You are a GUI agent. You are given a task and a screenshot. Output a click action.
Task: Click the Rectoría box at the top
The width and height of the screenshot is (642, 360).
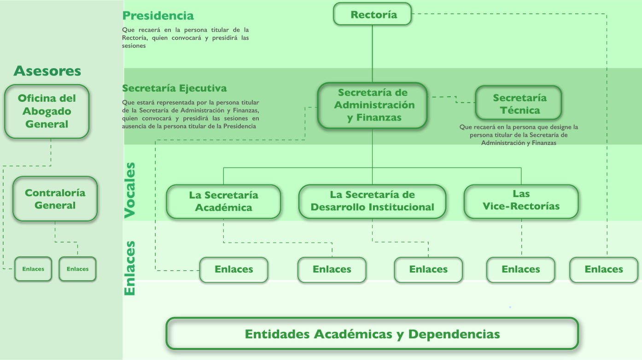pyautogui.click(x=372, y=14)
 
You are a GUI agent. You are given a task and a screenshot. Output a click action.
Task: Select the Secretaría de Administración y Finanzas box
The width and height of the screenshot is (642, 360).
pyautogui.click(x=372, y=105)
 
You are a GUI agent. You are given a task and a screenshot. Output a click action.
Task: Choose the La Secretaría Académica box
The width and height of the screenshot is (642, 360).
pyautogui.click(x=223, y=202)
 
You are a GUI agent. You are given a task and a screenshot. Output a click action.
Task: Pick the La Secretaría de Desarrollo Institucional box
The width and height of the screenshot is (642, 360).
pyautogui.click(x=372, y=202)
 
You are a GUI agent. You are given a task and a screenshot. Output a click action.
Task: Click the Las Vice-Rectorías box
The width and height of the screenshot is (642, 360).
pyautogui.click(x=521, y=201)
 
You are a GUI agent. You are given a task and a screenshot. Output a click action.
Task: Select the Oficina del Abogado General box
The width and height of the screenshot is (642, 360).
pyautogui.click(x=47, y=111)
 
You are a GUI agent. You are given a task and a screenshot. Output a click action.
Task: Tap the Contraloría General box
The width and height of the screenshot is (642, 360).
pyautogui.click(x=55, y=199)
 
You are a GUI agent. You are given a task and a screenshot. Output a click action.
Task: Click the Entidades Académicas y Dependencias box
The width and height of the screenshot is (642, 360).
pyautogui.click(x=372, y=334)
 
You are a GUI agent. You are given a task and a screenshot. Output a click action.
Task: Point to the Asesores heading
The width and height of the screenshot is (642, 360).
pyautogui.click(x=47, y=71)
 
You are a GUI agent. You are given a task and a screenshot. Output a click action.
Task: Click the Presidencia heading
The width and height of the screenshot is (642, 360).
pyautogui.click(x=158, y=16)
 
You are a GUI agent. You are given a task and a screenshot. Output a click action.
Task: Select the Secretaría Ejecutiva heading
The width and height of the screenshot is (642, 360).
pyautogui.click(x=174, y=88)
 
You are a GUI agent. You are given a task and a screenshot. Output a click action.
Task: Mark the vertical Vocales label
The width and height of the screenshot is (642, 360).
pyautogui.click(x=130, y=190)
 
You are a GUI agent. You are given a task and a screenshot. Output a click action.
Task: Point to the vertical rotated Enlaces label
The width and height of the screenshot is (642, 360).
pyautogui.click(x=130, y=268)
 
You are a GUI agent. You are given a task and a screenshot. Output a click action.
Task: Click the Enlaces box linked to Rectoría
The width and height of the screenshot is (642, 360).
pyautogui.click(x=604, y=269)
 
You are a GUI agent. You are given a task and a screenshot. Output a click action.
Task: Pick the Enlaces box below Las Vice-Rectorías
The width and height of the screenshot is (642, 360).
pyautogui.click(x=521, y=269)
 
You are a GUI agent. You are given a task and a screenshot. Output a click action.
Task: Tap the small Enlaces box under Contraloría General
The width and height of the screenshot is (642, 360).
pyautogui.click(x=77, y=269)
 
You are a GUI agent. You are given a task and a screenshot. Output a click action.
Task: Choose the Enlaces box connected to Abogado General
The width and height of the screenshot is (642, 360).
pyautogui.click(x=33, y=269)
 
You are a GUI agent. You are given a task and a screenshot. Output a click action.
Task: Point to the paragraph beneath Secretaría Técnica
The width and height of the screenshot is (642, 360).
pyautogui.click(x=519, y=135)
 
